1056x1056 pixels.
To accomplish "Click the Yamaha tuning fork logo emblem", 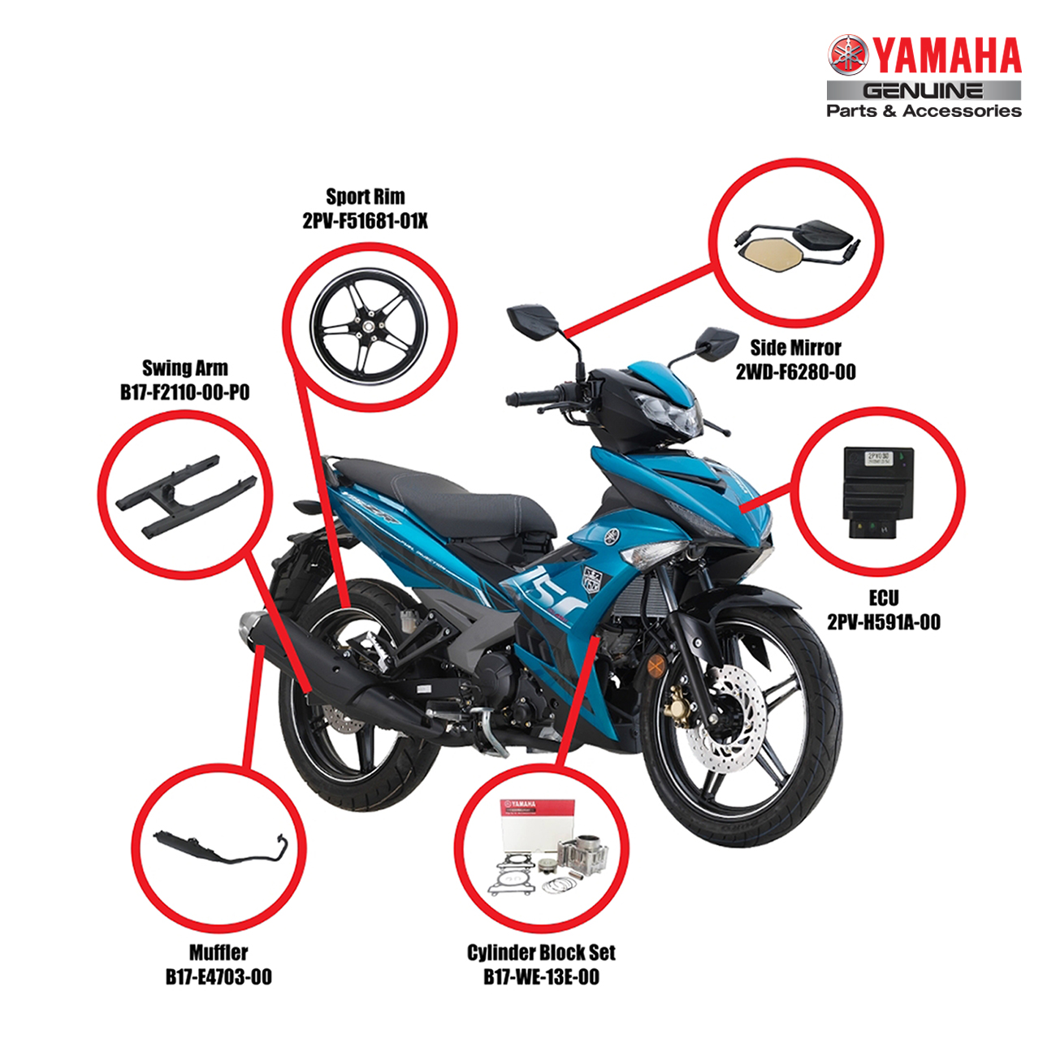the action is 848,56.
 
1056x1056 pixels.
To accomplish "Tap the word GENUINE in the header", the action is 924,91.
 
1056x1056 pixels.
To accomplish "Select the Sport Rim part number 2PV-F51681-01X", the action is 365,221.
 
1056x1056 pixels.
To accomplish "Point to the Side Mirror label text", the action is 796,348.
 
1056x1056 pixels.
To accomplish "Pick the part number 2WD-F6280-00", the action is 796,372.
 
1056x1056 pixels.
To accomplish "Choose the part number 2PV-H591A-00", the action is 883,622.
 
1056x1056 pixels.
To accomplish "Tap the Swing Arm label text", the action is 185,368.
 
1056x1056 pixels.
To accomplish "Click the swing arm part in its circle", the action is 186,496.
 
